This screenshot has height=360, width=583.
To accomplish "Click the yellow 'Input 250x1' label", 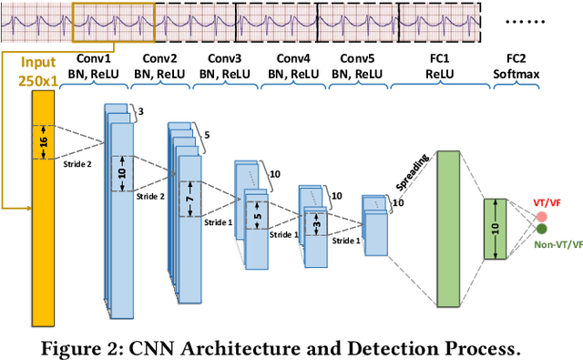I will click(x=36, y=72).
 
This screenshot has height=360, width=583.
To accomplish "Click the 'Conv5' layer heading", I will click(x=355, y=57).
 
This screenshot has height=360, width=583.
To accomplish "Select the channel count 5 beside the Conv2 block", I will click(x=205, y=135).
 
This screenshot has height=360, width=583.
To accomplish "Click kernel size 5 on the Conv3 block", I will click(x=257, y=219).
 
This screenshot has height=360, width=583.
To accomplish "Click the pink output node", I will click(x=541, y=216).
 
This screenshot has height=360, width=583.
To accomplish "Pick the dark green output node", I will click(x=541, y=229).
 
